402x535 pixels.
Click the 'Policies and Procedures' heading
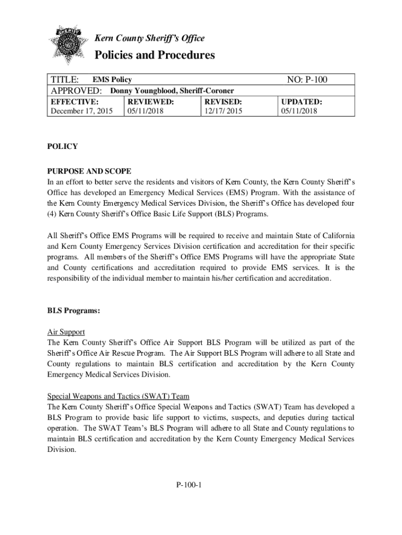tap(154, 55)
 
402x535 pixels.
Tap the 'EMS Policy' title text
tap(112, 80)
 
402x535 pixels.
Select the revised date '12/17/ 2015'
tap(223, 111)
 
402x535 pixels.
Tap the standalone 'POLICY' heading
tap(62, 147)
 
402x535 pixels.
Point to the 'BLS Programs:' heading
tap(74, 311)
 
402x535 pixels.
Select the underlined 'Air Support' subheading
tap(66, 332)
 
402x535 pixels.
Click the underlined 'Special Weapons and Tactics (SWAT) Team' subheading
tap(122, 396)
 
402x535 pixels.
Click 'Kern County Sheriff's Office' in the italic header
tap(149, 38)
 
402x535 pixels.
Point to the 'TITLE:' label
tap(64, 80)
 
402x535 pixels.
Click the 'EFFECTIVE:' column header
tap(74, 101)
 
